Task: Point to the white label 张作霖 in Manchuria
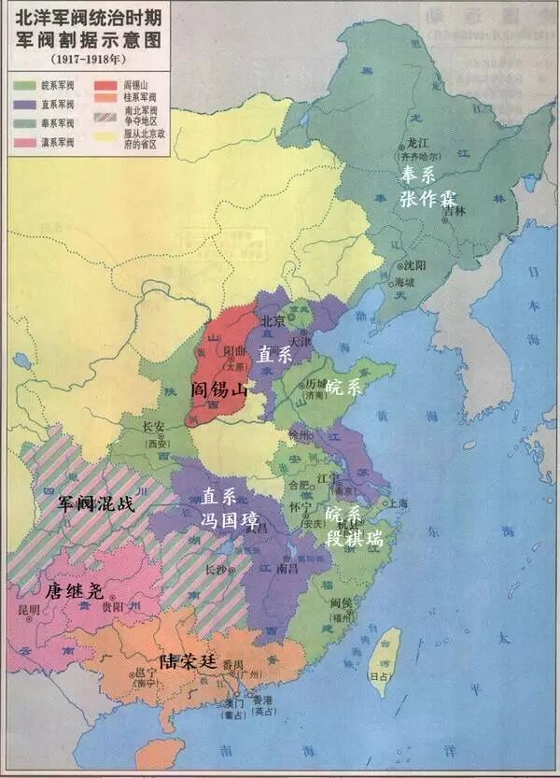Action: click(430, 198)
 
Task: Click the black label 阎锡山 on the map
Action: click(218, 389)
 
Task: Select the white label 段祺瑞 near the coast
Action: click(353, 538)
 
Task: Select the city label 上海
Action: click(398, 502)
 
